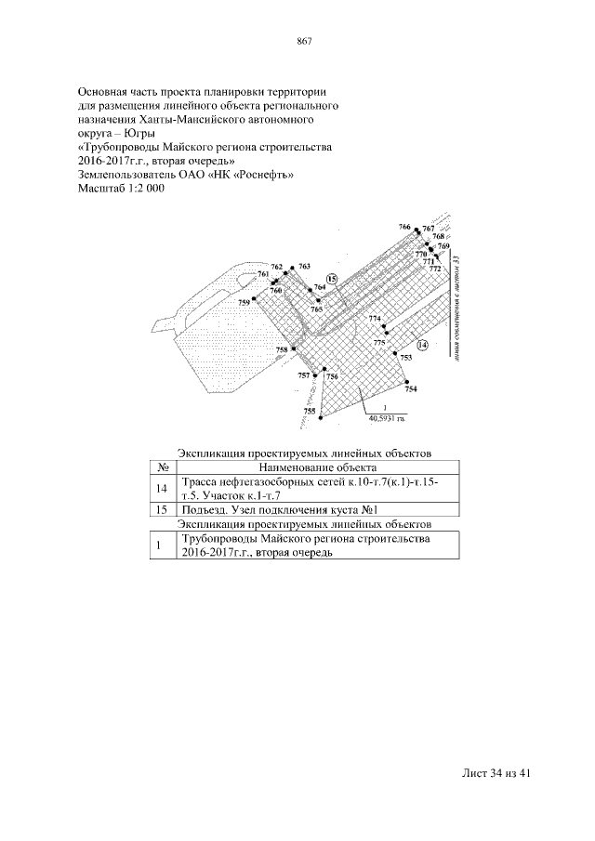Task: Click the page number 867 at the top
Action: tap(303, 41)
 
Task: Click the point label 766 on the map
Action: tap(403, 227)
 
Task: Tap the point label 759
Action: tap(245, 302)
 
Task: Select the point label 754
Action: tap(411, 388)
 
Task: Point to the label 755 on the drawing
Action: tap(309, 410)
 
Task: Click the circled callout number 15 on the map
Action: tap(332, 278)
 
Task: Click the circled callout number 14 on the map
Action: tap(422, 344)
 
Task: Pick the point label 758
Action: tap(282, 349)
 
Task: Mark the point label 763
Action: tap(304, 267)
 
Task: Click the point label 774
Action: tap(375, 319)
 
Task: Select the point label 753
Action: tap(405, 357)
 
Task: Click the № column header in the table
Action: tap(162, 467)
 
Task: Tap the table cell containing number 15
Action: tap(162, 510)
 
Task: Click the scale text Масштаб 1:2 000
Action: tap(121, 189)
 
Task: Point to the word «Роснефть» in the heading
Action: tap(263, 175)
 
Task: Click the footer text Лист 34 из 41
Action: tap(496, 773)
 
